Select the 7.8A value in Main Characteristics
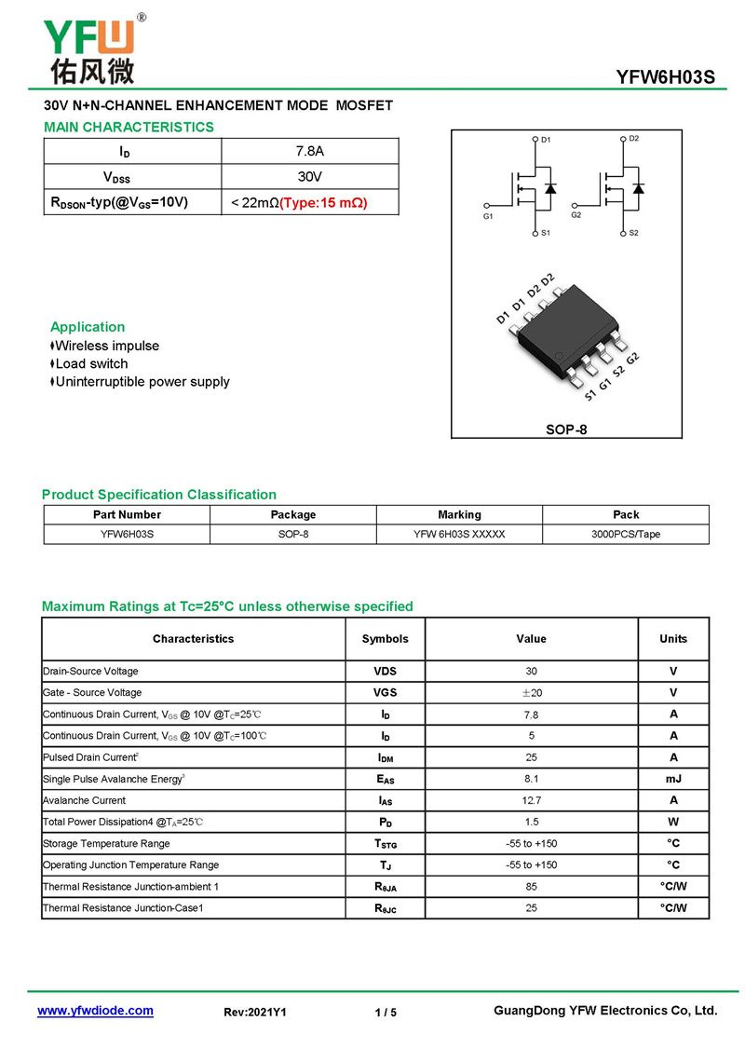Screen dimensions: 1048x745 tap(309, 151)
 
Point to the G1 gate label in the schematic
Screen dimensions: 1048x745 tap(488, 216)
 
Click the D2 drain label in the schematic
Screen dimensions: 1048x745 tap(633, 139)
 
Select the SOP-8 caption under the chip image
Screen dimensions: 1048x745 tap(566, 429)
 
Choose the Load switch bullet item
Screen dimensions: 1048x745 tap(91, 363)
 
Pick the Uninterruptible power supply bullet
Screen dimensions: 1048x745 tap(142, 381)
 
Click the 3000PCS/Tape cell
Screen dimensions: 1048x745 tap(625, 534)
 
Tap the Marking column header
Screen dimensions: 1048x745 tap(459, 514)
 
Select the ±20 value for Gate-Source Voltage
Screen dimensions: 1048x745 tap(531, 692)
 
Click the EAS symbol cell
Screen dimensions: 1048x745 tap(385, 779)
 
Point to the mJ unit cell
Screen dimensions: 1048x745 tap(673, 778)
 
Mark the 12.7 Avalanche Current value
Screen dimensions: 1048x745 tap(531, 800)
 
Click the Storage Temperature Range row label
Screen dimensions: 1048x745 tap(106, 843)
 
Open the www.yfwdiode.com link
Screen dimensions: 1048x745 tap(95, 1011)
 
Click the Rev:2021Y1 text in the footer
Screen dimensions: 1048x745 tap(255, 1012)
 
